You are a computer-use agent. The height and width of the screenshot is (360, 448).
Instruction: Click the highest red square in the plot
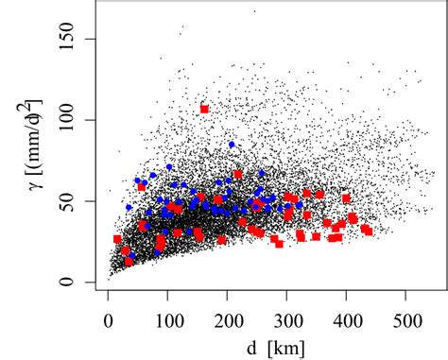click(204, 109)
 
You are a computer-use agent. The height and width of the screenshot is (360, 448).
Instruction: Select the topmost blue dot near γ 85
click(232, 145)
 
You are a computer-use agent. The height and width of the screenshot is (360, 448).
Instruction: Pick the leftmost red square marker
click(117, 239)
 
